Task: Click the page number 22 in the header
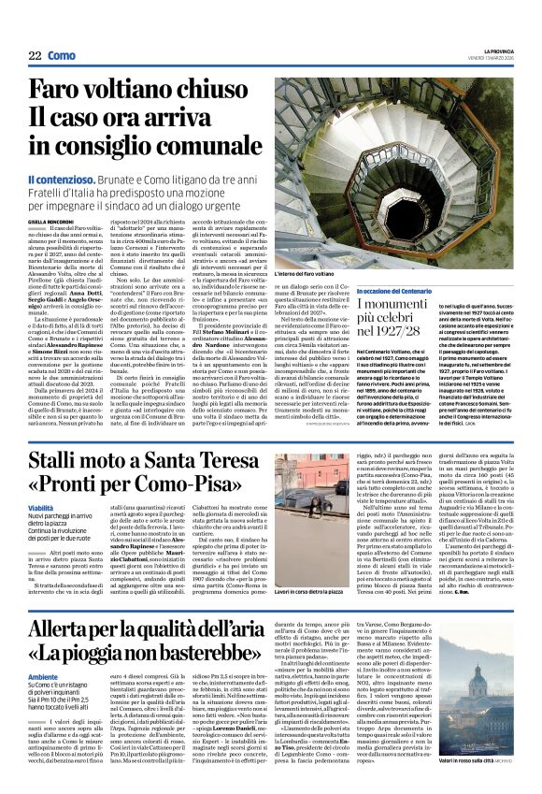35,56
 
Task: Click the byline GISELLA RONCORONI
51,223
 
